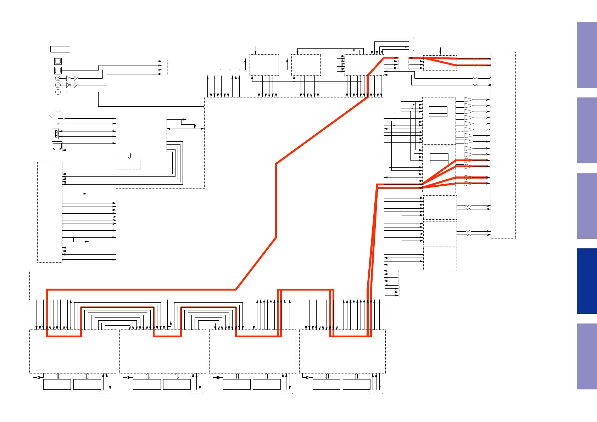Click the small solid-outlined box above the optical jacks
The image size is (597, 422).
(60, 49)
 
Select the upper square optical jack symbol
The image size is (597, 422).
(58, 61)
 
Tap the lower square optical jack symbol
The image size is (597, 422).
(58, 70)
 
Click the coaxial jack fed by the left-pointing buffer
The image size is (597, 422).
(58, 92)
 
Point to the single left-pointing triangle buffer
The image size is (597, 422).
(67, 92)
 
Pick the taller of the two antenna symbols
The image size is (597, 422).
(58, 113)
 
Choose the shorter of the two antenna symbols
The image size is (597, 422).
(52, 117)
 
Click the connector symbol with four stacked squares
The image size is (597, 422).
(56, 134)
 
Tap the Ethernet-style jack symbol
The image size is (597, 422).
(57, 146)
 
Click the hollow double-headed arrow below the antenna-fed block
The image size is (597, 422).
(130, 156)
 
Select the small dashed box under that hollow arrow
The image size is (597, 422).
(128, 164)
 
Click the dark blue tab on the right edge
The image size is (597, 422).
(587, 281)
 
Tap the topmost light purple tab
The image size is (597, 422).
(587, 55)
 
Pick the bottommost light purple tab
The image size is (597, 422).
(587, 356)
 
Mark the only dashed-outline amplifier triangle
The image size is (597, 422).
(469, 130)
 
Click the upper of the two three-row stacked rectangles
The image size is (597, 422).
(438, 112)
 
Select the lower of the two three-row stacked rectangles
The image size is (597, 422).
(439, 159)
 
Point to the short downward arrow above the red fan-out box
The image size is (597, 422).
(440, 51)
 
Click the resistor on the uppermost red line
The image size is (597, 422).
(475, 58)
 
